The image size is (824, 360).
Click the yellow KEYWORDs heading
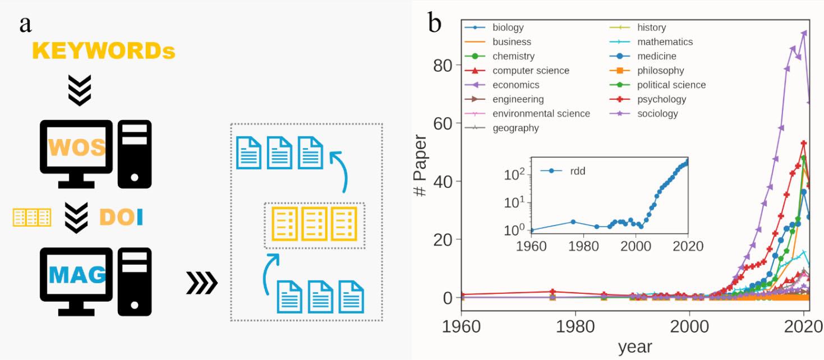tap(104, 51)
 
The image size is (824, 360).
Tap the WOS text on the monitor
tap(77, 147)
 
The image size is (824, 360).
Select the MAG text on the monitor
tap(77, 275)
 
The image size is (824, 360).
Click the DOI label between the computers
tap(121, 218)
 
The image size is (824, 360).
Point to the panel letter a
tap(25, 24)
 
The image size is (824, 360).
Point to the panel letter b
tap(435, 24)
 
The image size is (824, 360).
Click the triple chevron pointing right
tap(201, 284)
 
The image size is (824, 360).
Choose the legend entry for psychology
tap(661, 99)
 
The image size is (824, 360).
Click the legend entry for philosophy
tap(660, 71)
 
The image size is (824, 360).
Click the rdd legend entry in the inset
tap(577, 171)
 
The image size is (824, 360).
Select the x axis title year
tap(634, 347)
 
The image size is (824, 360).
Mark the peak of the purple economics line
tap(804, 33)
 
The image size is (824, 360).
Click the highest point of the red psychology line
tap(804, 143)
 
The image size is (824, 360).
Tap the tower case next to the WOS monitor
tap(135, 154)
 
